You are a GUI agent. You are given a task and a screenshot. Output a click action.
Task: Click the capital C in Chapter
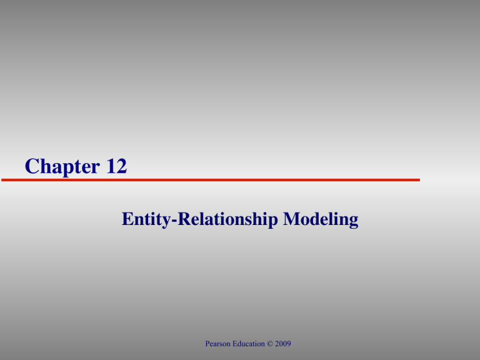pos(33,167)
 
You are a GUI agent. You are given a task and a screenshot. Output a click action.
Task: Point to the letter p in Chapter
pos(67,169)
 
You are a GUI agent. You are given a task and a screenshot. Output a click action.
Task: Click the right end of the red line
pos(419,180)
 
